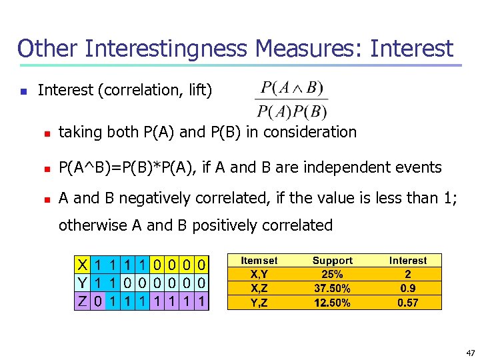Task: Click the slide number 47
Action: (471, 352)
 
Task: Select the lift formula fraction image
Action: (292, 100)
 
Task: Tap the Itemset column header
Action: (259, 261)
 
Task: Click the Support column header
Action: (332, 261)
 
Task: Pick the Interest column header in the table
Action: (408, 261)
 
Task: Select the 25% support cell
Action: (332, 274)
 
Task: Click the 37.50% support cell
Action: (332, 288)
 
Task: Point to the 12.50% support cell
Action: (332, 303)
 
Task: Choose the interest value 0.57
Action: (408, 303)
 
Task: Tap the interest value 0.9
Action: (408, 288)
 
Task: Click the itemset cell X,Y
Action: (259, 274)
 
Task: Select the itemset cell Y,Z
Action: (259, 303)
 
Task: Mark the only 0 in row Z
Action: (98, 301)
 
